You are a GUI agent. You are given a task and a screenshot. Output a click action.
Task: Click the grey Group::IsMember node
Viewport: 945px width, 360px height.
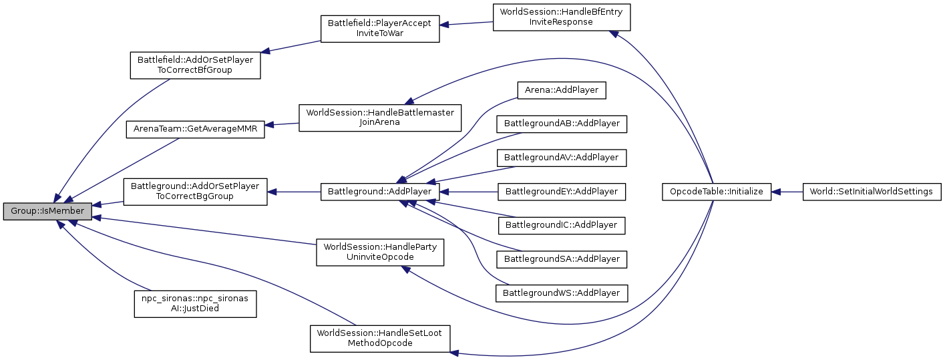click(x=47, y=211)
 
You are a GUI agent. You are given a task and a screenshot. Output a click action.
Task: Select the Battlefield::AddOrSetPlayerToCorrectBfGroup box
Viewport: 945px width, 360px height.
click(x=195, y=65)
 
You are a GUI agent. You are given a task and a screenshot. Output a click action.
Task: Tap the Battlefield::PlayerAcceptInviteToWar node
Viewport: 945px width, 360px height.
click(x=380, y=28)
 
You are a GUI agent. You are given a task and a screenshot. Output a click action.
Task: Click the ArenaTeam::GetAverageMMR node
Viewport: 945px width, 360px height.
click(x=196, y=128)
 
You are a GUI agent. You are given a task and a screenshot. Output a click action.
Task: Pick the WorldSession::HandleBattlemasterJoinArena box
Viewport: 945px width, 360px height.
click(x=380, y=118)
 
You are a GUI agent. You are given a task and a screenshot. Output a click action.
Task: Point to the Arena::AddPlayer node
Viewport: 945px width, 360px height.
click(x=561, y=89)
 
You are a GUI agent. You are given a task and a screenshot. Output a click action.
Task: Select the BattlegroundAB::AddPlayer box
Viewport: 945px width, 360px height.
click(x=561, y=124)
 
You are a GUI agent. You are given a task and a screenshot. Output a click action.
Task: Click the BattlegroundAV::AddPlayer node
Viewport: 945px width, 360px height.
click(x=561, y=158)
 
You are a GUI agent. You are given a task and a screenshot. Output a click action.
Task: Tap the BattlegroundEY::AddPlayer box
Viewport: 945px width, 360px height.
click(x=561, y=192)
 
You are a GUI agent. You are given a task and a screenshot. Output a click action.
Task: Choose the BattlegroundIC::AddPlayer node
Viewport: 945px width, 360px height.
click(x=561, y=225)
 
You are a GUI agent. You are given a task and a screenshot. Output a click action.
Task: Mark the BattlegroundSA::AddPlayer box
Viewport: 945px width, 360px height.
click(x=561, y=258)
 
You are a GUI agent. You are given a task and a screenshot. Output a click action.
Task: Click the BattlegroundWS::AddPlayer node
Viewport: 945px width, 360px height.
click(x=561, y=293)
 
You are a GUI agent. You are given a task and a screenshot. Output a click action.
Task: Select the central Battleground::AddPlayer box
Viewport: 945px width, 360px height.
click(x=380, y=192)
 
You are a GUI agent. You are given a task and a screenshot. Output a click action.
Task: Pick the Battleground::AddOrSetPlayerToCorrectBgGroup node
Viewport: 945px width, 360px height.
click(x=195, y=191)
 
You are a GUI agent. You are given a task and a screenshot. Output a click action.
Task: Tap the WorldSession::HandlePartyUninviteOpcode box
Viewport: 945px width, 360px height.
click(x=380, y=252)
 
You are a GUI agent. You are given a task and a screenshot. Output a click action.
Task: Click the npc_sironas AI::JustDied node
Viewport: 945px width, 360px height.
click(x=195, y=303)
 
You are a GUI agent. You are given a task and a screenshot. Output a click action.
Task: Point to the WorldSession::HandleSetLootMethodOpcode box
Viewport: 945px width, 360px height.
click(x=380, y=338)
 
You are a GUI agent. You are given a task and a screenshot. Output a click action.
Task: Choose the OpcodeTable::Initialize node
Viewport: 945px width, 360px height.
click(x=717, y=192)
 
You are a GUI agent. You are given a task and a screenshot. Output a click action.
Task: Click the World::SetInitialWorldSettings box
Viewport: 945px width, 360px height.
click(x=872, y=192)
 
